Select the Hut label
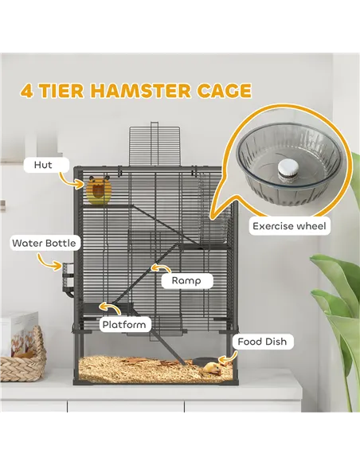43,165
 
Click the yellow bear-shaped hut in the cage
97,192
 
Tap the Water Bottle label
45,242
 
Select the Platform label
124,324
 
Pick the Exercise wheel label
289,226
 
